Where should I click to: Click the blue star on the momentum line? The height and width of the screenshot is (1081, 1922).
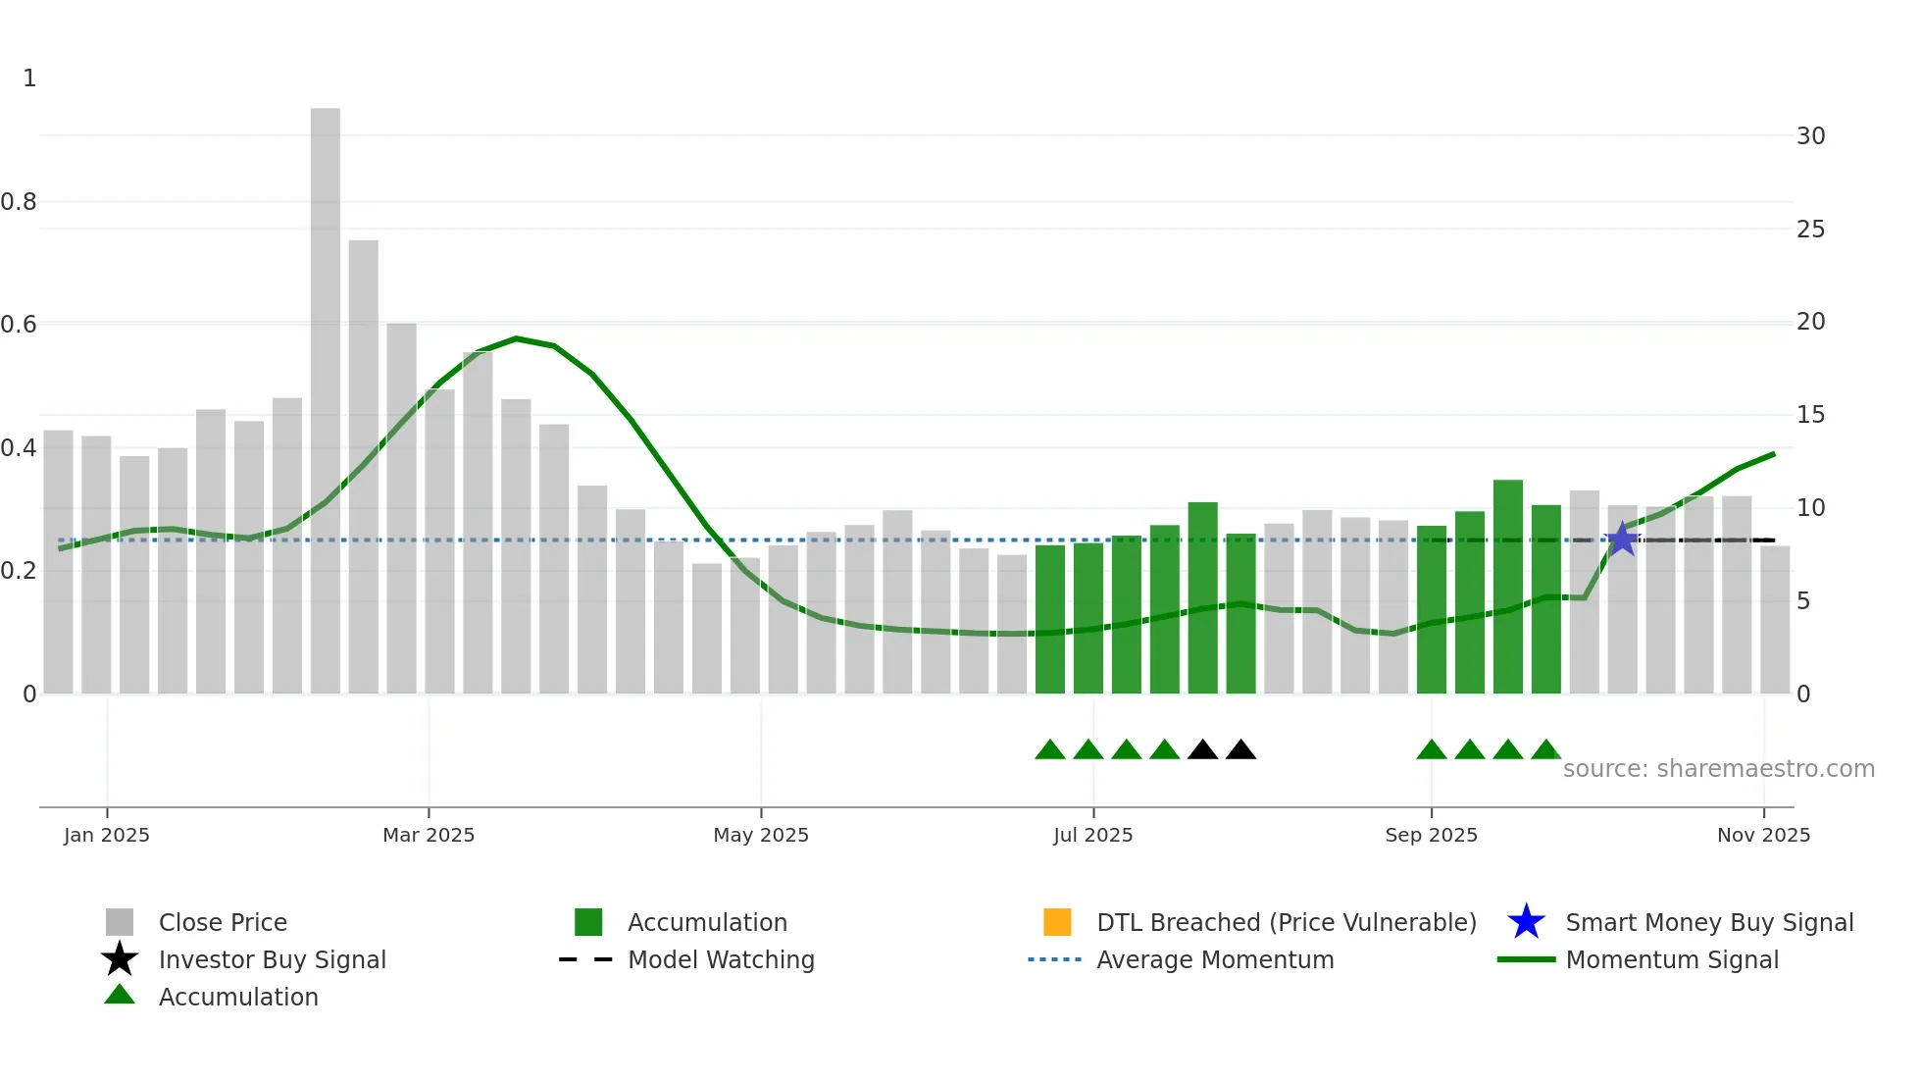click(1622, 540)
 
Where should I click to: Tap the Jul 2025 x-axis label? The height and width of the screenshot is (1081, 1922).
click(1092, 835)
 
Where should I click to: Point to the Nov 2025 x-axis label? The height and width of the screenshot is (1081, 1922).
click(1763, 835)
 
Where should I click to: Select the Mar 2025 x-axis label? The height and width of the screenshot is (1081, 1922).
click(429, 835)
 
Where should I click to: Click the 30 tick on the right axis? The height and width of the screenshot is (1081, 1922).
click(1810, 136)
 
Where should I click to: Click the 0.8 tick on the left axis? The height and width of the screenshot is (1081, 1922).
click(20, 202)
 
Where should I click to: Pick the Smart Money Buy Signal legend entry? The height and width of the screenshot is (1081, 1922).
click(1708, 922)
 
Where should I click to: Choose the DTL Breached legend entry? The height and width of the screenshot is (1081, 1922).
click(1286, 922)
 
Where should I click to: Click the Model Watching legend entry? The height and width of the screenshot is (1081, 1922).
click(721, 959)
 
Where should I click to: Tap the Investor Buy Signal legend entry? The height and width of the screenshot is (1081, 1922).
click(272, 959)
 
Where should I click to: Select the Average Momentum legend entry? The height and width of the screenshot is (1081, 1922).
click(1214, 959)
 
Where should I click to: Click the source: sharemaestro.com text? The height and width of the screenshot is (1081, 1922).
click(1718, 769)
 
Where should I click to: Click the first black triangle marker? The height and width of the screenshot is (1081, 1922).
click(1202, 750)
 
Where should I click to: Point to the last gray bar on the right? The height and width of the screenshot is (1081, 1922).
click(1774, 620)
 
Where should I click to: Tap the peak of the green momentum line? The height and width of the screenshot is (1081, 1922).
click(517, 338)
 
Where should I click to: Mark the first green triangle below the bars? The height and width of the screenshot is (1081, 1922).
click(1049, 750)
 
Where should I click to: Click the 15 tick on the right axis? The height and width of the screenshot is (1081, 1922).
click(1810, 415)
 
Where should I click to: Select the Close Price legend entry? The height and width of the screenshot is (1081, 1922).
click(223, 922)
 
